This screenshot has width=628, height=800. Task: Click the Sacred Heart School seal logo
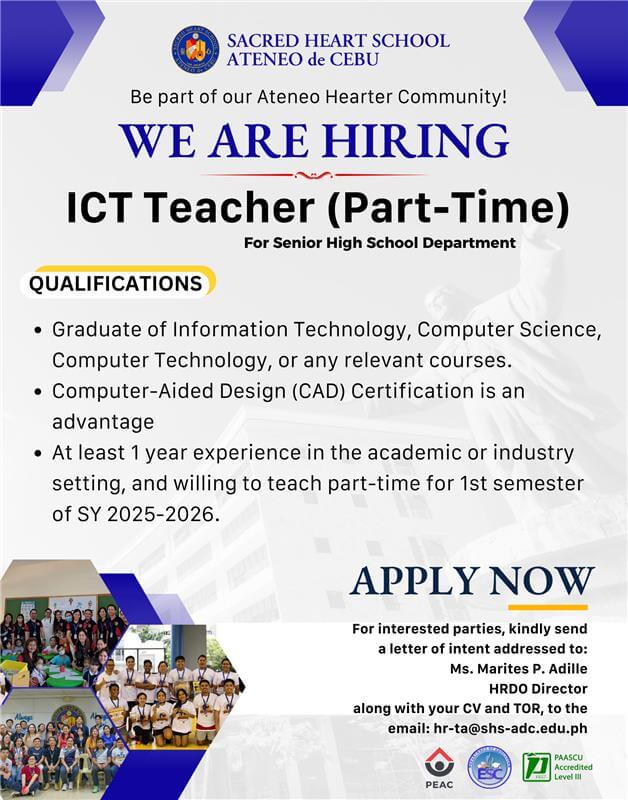(195, 51)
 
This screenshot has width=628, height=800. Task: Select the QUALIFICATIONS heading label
(115, 283)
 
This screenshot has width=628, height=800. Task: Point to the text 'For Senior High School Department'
(379, 242)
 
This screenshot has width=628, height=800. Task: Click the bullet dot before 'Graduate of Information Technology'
(37, 329)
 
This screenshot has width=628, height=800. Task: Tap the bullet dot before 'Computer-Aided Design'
(37, 391)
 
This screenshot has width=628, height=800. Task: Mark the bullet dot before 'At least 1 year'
(37, 453)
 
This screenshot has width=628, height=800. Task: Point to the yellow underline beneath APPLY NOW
(547, 607)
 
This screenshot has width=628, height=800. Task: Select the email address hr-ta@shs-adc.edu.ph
(512, 728)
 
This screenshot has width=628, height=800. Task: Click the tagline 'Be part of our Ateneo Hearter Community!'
(319, 97)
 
